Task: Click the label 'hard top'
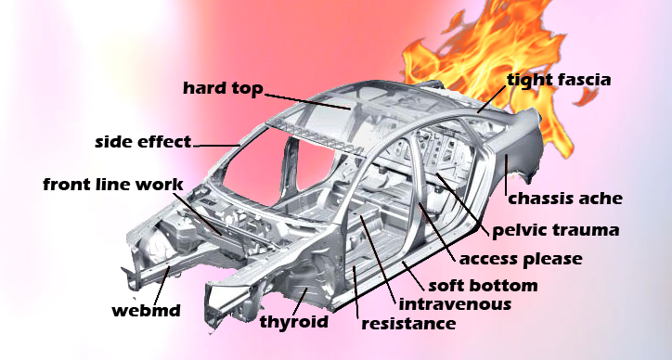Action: pos(223,89)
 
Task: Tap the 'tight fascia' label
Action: pos(558,80)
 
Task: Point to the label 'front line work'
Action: pos(113,184)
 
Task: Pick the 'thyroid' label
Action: pos(295,321)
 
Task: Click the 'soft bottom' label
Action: pos(482,284)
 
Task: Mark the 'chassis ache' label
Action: pos(564,197)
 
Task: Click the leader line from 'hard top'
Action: pos(306,100)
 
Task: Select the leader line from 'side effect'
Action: pos(216,145)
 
